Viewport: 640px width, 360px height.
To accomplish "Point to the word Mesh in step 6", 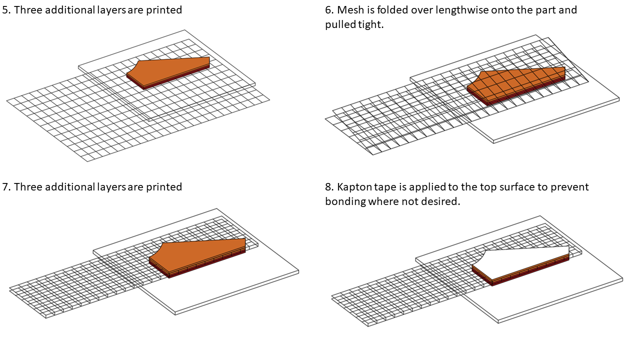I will point(350,10).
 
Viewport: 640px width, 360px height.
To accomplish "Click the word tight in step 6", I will point(371,24).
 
